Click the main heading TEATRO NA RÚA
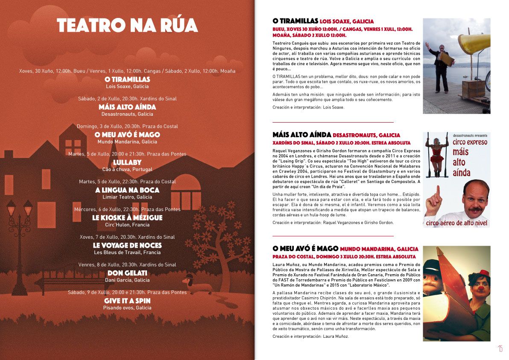[x=127, y=25]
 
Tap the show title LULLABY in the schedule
[x=127, y=162]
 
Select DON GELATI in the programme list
[x=127, y=273]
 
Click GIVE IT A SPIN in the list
[x=127, y=301]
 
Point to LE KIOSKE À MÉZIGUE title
[x=127, y=218]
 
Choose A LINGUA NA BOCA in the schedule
[x=127, y=190]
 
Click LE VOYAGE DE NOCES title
[x=127, y=246]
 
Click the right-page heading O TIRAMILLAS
[x=295, y=21]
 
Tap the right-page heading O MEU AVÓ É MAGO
[x=305, y=249]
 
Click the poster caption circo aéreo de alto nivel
[x=457, y=222]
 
